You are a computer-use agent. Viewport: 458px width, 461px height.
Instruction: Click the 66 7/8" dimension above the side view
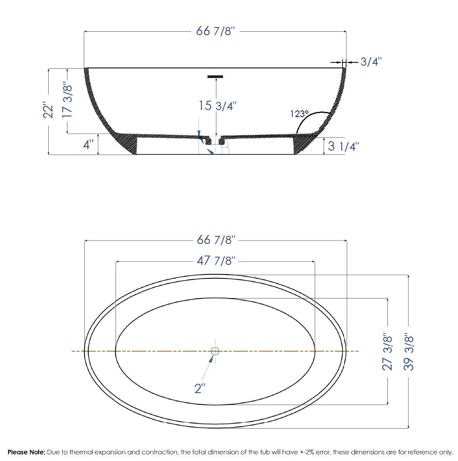(x=215, y=31)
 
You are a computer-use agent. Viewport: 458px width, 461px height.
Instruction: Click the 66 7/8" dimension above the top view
(x=216, y=240)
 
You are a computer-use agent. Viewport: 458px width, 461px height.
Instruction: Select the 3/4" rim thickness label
(x=371, y=62)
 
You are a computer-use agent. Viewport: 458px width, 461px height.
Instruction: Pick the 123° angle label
(x=300, y=114)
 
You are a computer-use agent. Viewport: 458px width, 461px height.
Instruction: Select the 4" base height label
(x=88, y=145)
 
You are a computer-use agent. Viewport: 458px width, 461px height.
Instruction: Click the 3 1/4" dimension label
(x=343, y=147)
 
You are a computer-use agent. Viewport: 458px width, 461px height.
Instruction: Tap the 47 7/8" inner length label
(x=216, y=261)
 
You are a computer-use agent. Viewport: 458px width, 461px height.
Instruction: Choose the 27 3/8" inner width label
(x=387, y=351)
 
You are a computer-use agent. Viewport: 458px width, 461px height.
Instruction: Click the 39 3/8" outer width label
(x=409, y=352)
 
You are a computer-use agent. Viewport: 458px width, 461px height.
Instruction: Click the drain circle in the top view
(x=215, y=351)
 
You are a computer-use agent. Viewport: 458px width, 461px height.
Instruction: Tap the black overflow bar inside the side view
(x=215, y=76)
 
